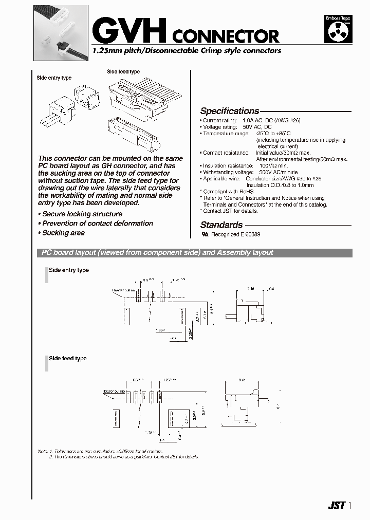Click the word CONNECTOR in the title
click(x=226, y=36)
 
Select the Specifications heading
click(x=229, y=111)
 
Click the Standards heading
click(x=221, y=225)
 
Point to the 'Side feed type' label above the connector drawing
click(x=123, y=72)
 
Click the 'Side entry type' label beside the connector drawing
click(x=54, y=78)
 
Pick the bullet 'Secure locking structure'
click(x=82, y=214)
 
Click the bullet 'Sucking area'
click(x=63, y=233)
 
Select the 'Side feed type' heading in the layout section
click(x=67, y=359)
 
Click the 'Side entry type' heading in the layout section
click(x=68, y=270)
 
